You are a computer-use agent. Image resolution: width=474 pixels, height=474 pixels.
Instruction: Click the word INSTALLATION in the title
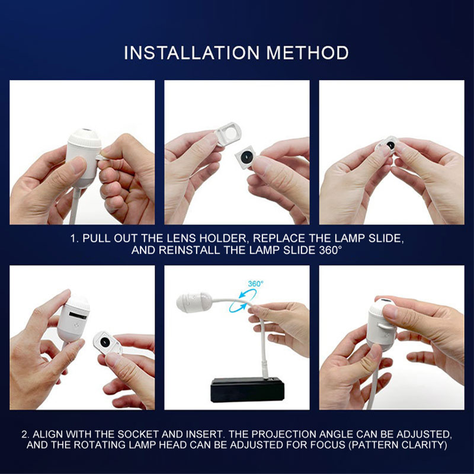pyautogui.click(x=191, y=53)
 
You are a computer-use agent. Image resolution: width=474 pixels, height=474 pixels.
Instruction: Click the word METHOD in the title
pyautogui.click(x=308, y=53)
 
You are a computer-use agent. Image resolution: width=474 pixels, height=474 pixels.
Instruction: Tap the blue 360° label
pyautogui.click(x=255, y=284)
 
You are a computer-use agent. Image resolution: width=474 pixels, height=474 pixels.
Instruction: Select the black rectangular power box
pyautogui.click(x=247, y=389)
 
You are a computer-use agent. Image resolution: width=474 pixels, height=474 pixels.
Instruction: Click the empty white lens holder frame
pyautogui.click(x=228, y=133)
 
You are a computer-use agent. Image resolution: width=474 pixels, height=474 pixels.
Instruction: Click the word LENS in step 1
pyautogui.click(x=181, y=239)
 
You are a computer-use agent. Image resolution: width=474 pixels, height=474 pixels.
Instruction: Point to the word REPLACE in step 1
pyautogui.click(x=279, y=239)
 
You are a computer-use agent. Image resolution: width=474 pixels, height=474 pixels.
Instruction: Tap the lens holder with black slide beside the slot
pyautogui.click(x=107, y=343)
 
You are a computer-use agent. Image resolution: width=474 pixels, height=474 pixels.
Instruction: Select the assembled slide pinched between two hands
pyautogui.click(x=387, y=145)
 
